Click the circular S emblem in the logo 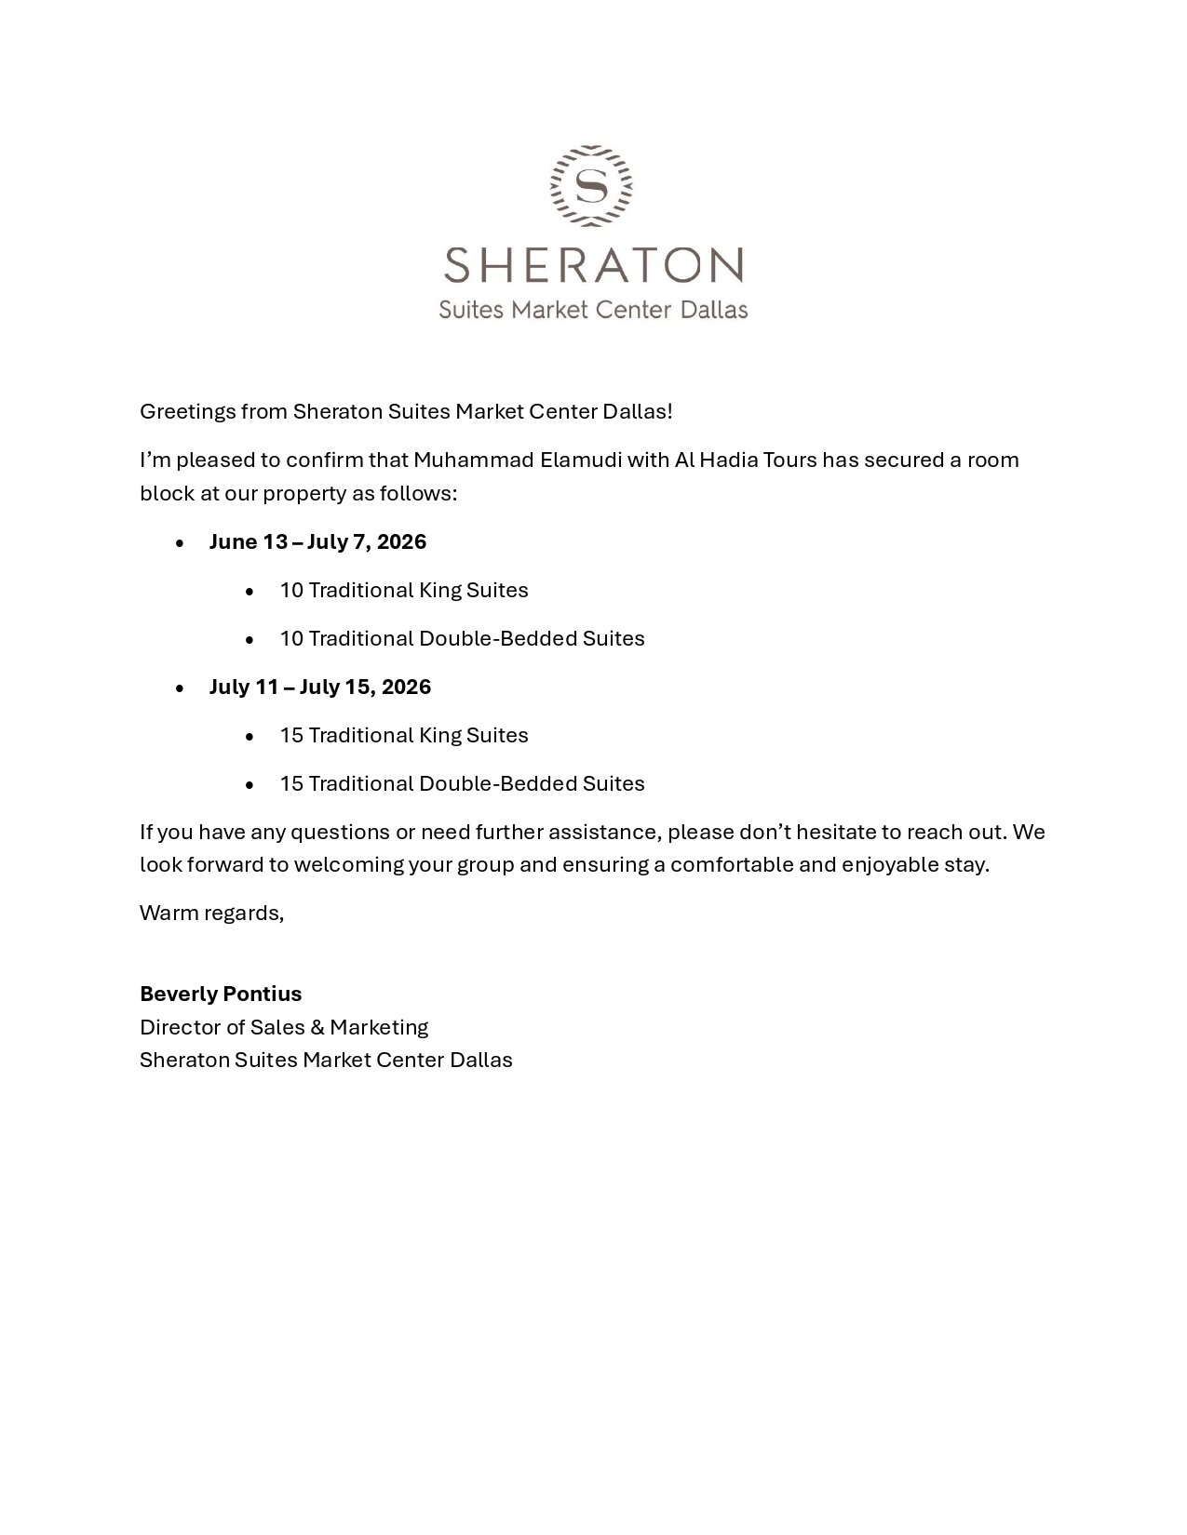click(x=592, y=185)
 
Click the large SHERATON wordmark click(x=593, y=265)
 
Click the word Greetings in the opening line click(x=187, y=412)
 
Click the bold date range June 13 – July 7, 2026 click(x=317, y=542)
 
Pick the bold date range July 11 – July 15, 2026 click(x=320, y=687)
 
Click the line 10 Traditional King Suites click(x=404, y=591)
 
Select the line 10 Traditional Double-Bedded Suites click(x=462, y=639)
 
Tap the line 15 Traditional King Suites click(x=404, y=736)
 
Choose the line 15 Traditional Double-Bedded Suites click(x=462, y=784)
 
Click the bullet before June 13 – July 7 click(x=180, y=543)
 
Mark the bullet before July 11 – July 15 click(x=180, y=688)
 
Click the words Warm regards click(x=211, y=914)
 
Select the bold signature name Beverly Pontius click(x=221, y=994)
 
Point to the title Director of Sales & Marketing click(x=284, y=1028)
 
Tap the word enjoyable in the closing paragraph click(x=884, y=865)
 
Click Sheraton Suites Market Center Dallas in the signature click(x=326, y=1061)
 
